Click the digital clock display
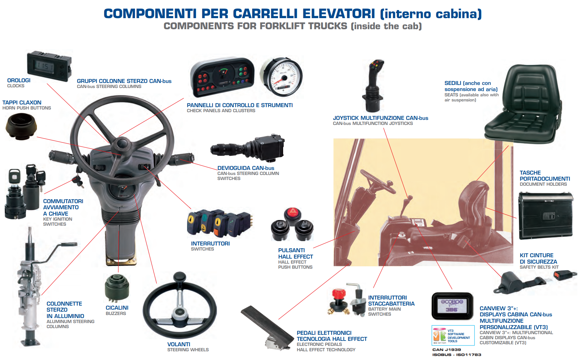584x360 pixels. (49, 66)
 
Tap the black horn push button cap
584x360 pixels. (21, 126)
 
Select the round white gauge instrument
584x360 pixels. (282, 77)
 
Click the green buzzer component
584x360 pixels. (117, 288)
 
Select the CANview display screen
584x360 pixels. (452, 306)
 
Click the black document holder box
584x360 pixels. (545, 216)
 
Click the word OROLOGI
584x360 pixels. (19, 80)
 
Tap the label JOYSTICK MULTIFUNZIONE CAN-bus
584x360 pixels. (380, 118)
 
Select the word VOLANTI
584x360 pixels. (179, 344)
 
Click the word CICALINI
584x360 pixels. (117, 308)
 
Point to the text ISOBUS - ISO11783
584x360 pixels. (457, 355)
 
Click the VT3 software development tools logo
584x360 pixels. (453, 335)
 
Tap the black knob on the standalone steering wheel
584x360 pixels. (180, 277)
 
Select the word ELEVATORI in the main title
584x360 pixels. (339, 13)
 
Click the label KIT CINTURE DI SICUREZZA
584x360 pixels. (538, 258)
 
